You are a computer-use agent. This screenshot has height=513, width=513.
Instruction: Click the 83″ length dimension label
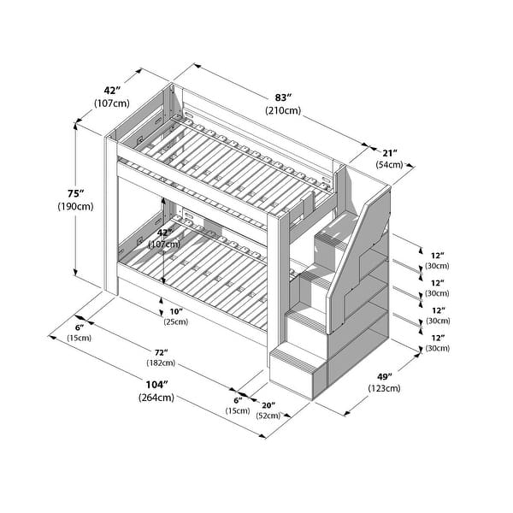click(x=283, y=97)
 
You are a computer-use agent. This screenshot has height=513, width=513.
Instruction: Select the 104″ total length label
click(x=156, y=385)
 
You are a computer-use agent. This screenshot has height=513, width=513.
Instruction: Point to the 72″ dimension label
click(x=162, y=352)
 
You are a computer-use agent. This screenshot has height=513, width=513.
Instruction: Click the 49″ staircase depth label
click(x=385, y=377)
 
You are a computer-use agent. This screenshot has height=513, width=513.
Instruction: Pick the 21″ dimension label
click(x=390, y=153)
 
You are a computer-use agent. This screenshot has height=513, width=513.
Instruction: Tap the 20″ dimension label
click(x=268, y=405)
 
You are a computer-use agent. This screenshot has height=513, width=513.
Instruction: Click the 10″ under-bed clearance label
click(x=176, y=311)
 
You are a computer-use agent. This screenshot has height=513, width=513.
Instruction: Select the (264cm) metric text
click(x=156, y=398)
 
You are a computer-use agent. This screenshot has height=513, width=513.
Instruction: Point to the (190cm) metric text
click(x=75, y=207)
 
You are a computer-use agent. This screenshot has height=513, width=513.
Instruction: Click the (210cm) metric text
click(x=283, y=110)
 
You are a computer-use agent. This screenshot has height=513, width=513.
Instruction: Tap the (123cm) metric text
click(x=384, y=388)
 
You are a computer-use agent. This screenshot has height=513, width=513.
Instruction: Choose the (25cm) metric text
click(x=176, y=322)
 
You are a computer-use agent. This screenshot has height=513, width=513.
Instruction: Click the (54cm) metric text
click(x=389, y=164)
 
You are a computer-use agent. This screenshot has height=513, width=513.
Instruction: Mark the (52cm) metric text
click(x=268, y=416)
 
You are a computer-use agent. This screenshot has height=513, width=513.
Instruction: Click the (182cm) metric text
click(x=161, y=363)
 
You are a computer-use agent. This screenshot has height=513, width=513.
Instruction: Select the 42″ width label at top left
click(x=112, y=91)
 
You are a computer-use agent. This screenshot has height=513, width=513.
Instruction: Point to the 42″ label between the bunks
click(x=164, y=233)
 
